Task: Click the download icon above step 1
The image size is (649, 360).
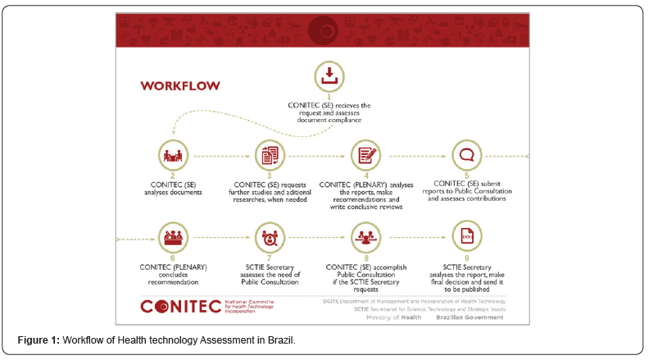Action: [329, 77]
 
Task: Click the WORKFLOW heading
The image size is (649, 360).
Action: [178, 85]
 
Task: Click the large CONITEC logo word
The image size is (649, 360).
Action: [180, 307]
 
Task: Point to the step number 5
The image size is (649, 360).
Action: [467, 175]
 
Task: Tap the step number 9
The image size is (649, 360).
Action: [467, 257]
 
